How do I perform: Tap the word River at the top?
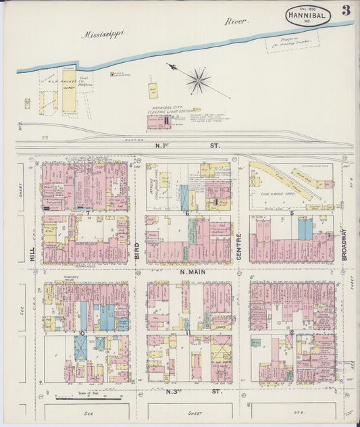point(236,21)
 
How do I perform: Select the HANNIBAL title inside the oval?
point(307,14)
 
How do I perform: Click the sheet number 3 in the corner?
point(346,10)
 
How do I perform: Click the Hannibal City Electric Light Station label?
point(170,111)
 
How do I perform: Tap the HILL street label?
point(32,253)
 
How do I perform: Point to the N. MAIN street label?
point(191,272)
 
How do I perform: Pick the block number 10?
point(81,333)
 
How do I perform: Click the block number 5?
point(291,213)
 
